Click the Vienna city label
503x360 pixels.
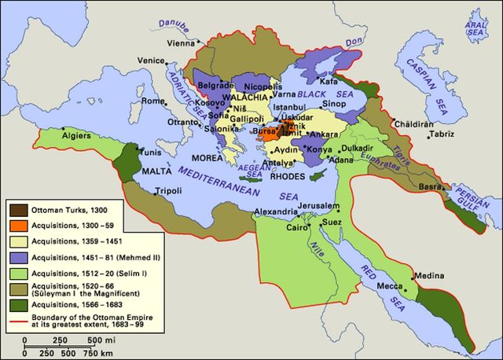coord(182,44)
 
